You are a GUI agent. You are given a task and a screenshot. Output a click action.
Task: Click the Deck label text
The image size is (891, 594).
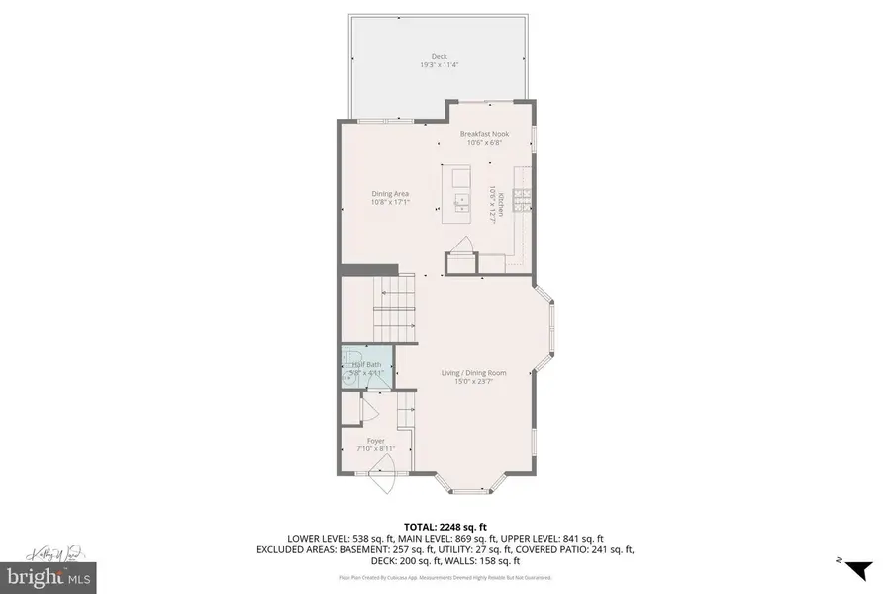pyautogui.click(x=439, y=56)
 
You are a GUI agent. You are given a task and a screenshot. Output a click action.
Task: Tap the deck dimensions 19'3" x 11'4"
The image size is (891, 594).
pyautogui.click(x=439, y=66)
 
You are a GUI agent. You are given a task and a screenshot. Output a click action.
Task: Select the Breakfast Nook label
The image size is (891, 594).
pyautogui.click(x=482, y=133)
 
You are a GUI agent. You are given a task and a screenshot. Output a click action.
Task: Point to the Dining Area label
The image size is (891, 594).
pyautogui.click(x=390, y=194)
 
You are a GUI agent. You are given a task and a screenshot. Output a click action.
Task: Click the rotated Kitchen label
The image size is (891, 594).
pyautogui.click(x=501, y=204)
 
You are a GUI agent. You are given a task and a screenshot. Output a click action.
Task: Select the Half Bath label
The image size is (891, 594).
pyautogui.click(x=367, y=365)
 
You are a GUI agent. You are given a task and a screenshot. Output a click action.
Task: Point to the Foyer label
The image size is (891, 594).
pyautogui.click(x=375, y=441)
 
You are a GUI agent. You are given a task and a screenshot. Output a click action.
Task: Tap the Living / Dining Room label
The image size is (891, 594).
pyautogui.click(x=473, y=373)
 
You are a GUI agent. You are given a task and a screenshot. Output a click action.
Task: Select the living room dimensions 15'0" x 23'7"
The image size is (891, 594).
pyautogui.click(x=473, y=383)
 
